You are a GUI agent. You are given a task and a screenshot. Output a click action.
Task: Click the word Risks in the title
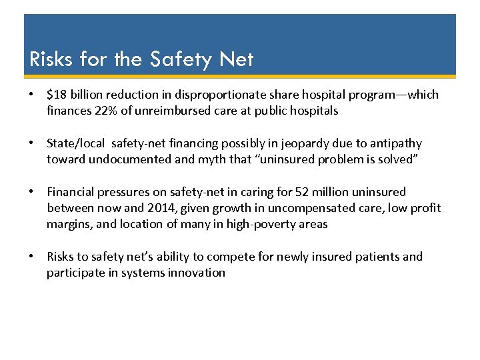(51, 60)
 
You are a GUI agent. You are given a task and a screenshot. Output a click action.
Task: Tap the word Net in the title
(236, 60)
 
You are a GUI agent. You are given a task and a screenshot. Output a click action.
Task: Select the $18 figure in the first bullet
(56, 95)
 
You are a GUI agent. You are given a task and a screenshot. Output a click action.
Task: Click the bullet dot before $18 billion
(31, 95)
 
